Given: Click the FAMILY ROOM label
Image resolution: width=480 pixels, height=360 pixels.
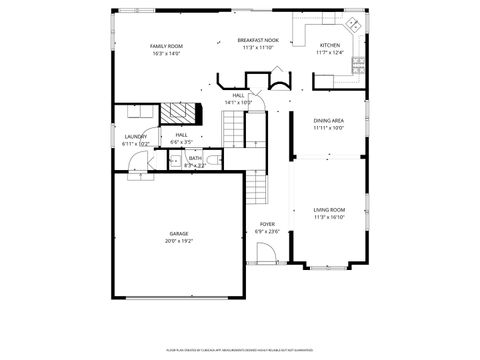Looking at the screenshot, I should point(166,47).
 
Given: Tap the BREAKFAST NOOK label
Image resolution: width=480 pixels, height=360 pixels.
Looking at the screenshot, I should point(258,40).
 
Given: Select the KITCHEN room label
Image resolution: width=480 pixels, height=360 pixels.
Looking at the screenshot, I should point(329,46).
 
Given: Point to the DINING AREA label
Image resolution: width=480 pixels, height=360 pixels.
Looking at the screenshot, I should point(328,121).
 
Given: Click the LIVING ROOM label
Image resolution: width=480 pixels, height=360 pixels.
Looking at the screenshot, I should point(328,209).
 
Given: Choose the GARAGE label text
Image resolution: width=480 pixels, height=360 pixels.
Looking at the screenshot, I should point(178,234).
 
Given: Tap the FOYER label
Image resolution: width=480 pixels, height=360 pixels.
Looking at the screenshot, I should point(267,224).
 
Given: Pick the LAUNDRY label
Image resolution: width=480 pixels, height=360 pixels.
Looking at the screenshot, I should point(136,137).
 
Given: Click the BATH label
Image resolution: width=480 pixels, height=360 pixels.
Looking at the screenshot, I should point(195,158).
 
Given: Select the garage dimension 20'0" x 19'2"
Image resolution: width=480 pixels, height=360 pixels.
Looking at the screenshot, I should point(178,241).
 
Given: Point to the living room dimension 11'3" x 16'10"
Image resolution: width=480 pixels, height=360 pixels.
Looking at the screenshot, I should point(328,216).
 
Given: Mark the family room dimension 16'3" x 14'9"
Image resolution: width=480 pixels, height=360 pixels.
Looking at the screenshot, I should point(166,54).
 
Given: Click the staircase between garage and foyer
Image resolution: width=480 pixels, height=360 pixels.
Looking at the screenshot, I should point(258,184).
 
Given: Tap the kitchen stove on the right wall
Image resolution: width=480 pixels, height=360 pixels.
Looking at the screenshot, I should point(358,65).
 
